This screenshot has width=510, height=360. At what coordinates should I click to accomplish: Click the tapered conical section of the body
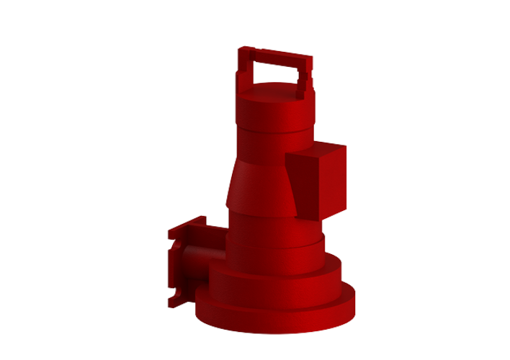pyautogui.click(x=259, y=184)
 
